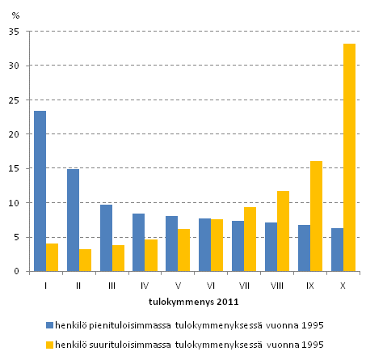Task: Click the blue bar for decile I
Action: [40, 191]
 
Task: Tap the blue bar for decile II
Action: [73, 220]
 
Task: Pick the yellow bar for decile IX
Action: [316, 216]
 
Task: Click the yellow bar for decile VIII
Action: [283, 231]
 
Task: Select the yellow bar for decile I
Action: [52, 257]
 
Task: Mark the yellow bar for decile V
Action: [184, 250]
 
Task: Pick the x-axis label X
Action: [343, 285]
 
